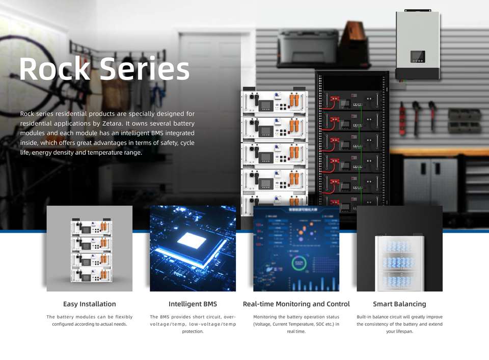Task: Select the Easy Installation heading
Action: (x=89, y=304)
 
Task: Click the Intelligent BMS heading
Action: (x=193, y=304)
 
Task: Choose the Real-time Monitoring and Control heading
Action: (x=296, y=304)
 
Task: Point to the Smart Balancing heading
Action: (x=399, y=304)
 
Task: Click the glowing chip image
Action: (x=193, y=248)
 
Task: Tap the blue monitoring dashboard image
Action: (x=296, y=248)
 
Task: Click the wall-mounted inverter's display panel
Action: (x=418, y=57)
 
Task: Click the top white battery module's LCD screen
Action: (x=266, y=106)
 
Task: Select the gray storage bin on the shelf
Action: (x=308, y=46)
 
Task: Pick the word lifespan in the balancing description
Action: (x=399, y=331)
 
